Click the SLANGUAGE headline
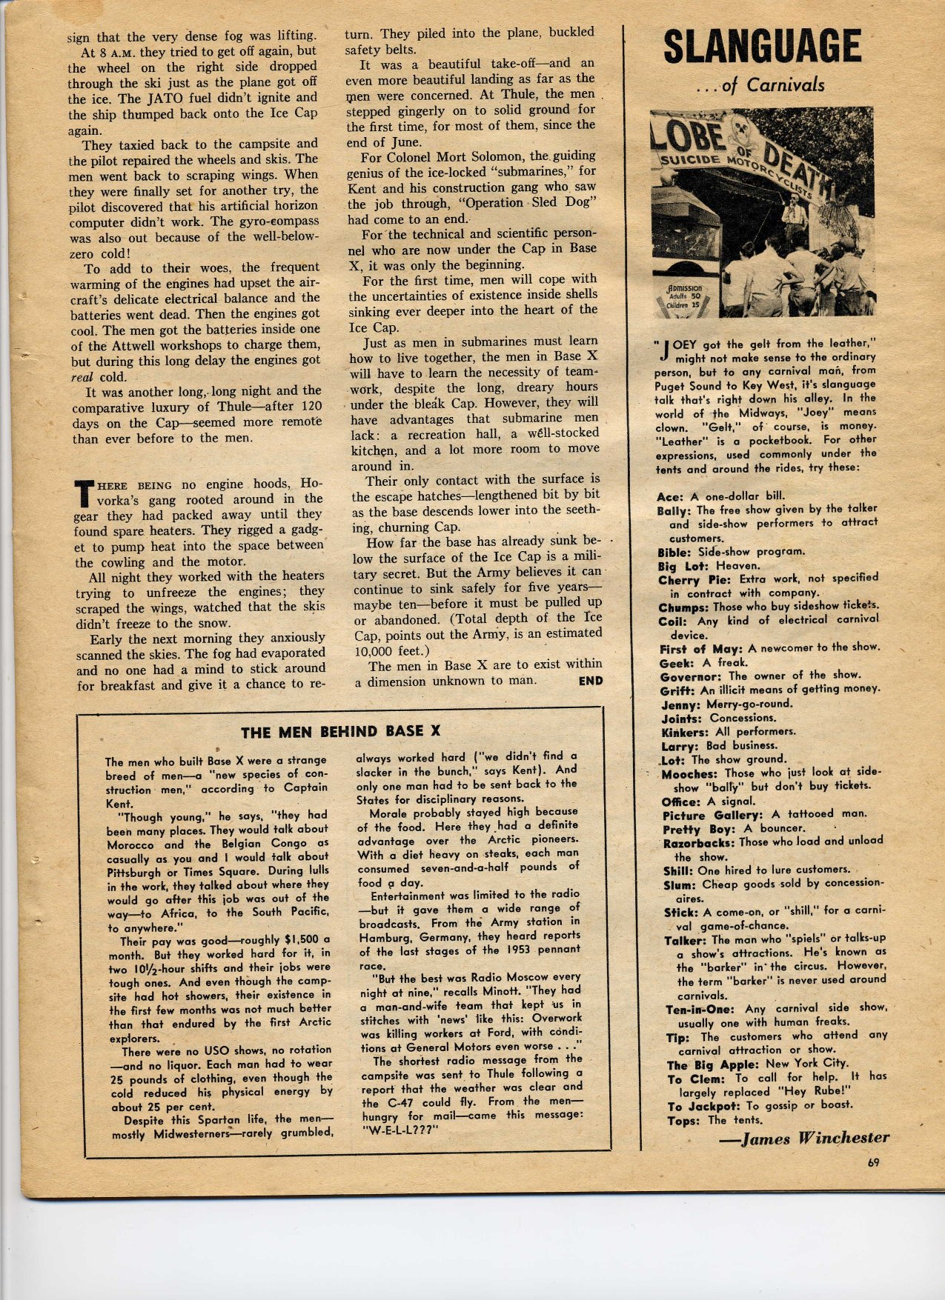pos(762,47)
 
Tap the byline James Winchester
pos(804,1139)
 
